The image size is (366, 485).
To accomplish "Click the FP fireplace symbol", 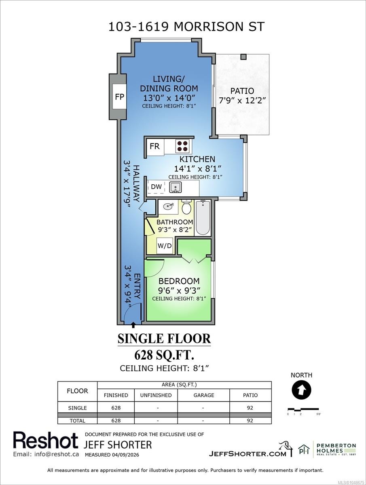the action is [x=120, y=97].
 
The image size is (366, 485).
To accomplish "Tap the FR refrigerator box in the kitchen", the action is [x=155, y=146].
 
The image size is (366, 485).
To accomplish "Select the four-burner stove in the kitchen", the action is [x=183, y=146].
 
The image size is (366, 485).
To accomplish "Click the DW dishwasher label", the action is [x=156, y=187].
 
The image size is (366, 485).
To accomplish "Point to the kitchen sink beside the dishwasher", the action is [x=176, y=187].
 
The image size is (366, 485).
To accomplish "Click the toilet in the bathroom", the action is [x=186, y=207].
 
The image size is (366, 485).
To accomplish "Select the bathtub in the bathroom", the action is [x=203, y=217].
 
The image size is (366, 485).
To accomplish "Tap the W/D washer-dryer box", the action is [x=165, y=245].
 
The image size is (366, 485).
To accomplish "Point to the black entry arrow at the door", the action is [x=133, y=325].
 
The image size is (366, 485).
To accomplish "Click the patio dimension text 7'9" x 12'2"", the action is [x=242, y=101].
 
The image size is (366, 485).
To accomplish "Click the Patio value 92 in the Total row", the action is [x=250, y=420].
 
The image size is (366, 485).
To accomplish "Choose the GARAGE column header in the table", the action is [x=204, y=395].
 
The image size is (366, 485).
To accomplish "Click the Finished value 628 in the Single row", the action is [x=116, y=408].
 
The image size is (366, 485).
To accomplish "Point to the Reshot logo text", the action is [x=46, y=440].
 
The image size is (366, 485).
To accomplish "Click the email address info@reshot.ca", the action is [x=46, y=454].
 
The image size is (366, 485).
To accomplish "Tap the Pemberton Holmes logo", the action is [x=327, y=449].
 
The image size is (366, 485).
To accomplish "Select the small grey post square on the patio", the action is [x=243, y=57].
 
